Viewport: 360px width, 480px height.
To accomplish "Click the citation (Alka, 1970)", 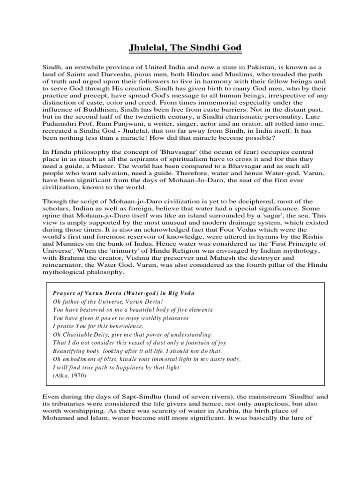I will [70, 376].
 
